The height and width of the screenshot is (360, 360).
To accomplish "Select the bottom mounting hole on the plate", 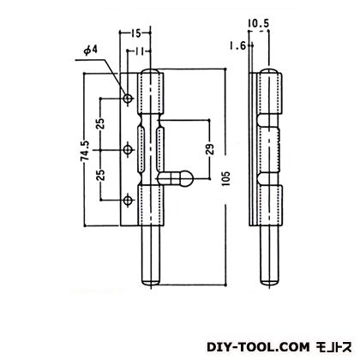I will point(128,201).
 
